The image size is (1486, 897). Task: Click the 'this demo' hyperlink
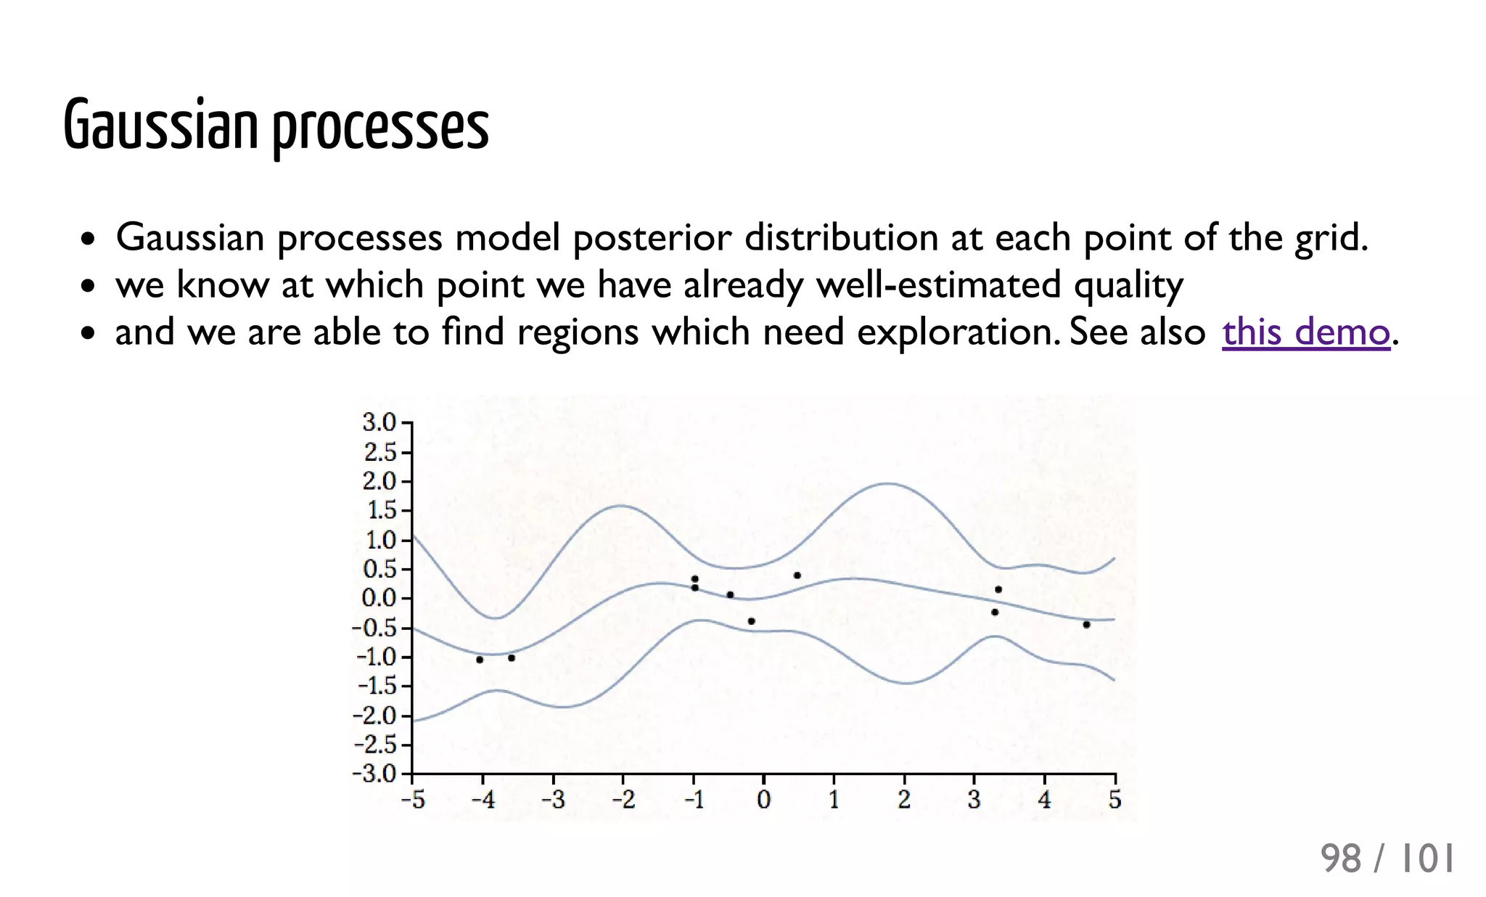pyautogui.click(x=1305, y=332)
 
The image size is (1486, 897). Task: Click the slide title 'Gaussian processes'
pyautogui.click(x=276, y=126)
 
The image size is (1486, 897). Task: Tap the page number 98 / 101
pyautogui.click(x=1387, y=859)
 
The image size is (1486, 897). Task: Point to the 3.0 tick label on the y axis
pyautogui.click(x=379, y=422)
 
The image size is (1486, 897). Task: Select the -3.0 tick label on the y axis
pyautogui.click(x=374, y=774)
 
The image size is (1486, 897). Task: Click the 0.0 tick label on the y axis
pyautogui.click(x=379, y=598)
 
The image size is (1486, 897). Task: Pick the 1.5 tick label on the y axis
pyautogui.click(x=381, y=510)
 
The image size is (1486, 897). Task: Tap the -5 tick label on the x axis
pyautogui.click(x=413, y=800)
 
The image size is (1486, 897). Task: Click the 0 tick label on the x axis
pyautogui.click(x=763, y=800)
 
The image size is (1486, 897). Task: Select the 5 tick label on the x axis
pyautogui.click(x=1114, y=800)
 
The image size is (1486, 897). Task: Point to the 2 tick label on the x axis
pyautogui.click(x=904, y=800)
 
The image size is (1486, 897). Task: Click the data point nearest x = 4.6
pyautogui.click(x=1086, y=624)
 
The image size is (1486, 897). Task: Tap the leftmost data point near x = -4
pyautogui.click(x=480, y=660)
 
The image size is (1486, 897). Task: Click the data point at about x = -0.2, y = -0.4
pyautogui.click(x=751, y=621)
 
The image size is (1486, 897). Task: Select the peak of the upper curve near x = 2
pyautogui.click(x=888, y=483)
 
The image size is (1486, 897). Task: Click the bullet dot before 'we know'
pyautogui.click(x=88, y=286)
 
